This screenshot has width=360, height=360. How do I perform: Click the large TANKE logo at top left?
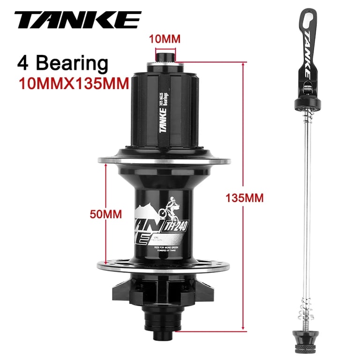pos(77,20)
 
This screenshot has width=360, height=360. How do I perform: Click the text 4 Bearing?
pos(62,62)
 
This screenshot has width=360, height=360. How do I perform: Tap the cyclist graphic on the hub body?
pos(169,210)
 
